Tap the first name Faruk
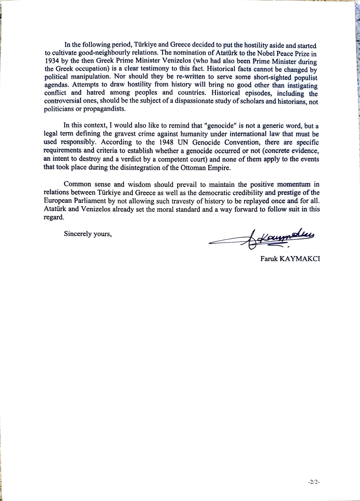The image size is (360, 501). tap(269, 259)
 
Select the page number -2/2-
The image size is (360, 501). tap(314, 482)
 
